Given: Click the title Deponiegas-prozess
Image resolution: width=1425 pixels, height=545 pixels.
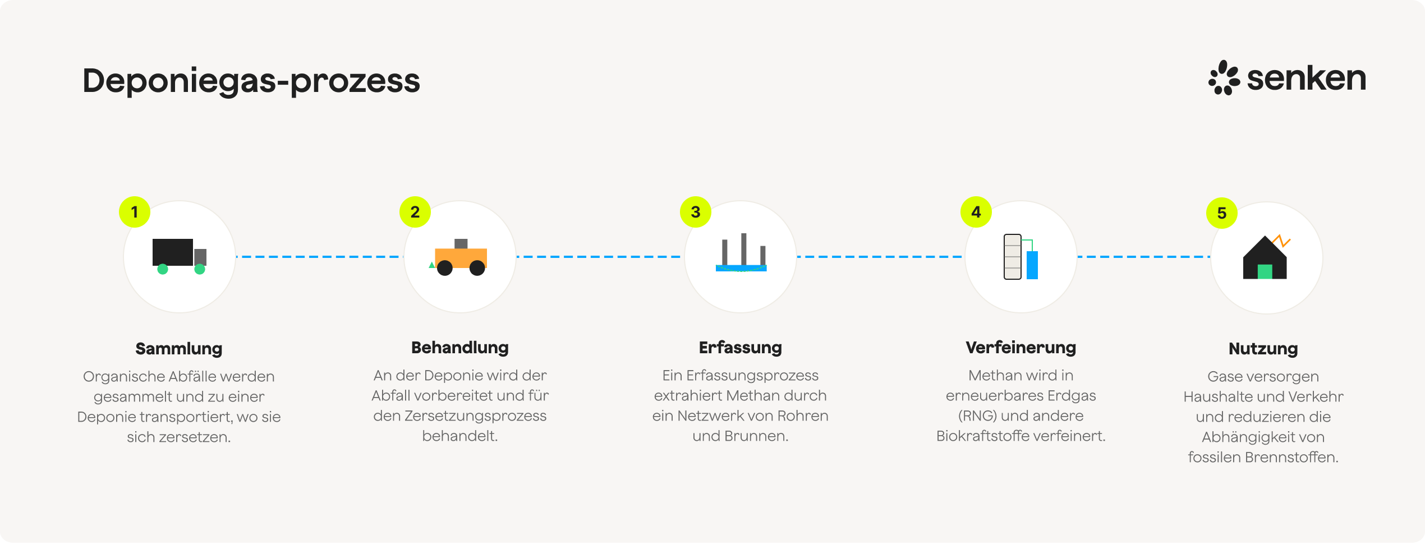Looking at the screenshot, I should [251, 81].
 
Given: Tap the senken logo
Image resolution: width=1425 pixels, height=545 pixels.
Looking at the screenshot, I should [1287, 78].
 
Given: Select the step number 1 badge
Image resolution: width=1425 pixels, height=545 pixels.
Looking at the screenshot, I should [135, 212].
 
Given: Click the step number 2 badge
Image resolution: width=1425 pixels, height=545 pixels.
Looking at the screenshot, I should [415, 212].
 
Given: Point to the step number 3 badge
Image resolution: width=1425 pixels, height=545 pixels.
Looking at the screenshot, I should [696, 212].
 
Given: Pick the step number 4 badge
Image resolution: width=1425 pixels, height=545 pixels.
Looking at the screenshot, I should [976, 212].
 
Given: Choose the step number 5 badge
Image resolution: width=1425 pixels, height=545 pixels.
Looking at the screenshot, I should [1222, 213].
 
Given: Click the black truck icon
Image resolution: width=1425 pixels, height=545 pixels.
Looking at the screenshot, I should [179, 256].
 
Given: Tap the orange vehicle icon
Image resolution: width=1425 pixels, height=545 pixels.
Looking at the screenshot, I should [461, 258].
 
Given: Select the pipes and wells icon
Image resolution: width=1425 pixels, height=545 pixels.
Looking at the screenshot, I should [741, 253].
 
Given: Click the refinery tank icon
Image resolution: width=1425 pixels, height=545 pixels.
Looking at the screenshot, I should [1021, 257].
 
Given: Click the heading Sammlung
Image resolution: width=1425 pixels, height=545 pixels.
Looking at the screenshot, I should [179, 349].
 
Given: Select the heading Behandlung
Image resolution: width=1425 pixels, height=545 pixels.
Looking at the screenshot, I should [460, 348].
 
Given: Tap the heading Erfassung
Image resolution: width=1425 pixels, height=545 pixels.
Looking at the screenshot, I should [741, 348].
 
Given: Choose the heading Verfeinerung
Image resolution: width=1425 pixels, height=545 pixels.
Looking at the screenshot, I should [1021, 348].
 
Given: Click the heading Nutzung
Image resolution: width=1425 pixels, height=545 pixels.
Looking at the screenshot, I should [1263, 349].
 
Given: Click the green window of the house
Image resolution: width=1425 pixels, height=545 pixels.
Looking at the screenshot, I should [1265, 272].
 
